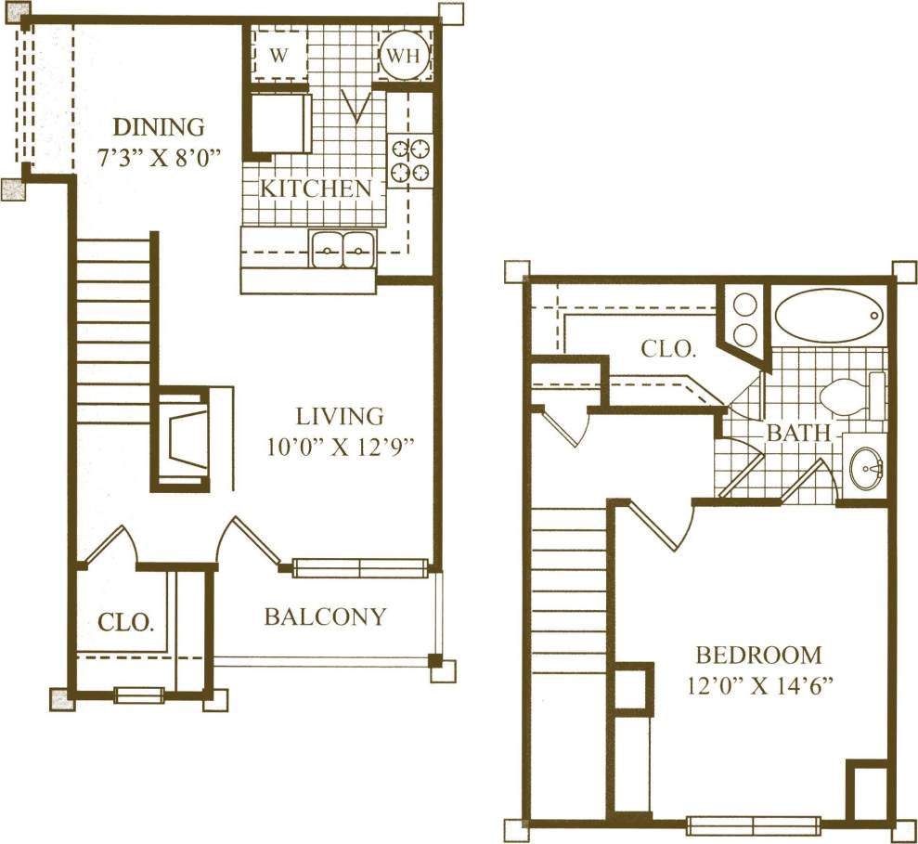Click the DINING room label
(x=158, y=126)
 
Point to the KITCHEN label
(x=315, y=188)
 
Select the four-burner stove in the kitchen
(x=410, y=160)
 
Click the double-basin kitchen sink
(x=342, y=248)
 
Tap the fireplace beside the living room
(x=183, y=435)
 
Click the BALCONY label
(x=325, y=617)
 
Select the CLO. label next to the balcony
(x=125, y=622)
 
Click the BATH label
(x=791, y=433)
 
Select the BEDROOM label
(x=758, y=656)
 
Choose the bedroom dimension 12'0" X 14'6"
(x=758, y=688)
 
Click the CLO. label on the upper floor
(x=668, y=349)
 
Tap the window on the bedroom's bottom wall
(x=753, y=824)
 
